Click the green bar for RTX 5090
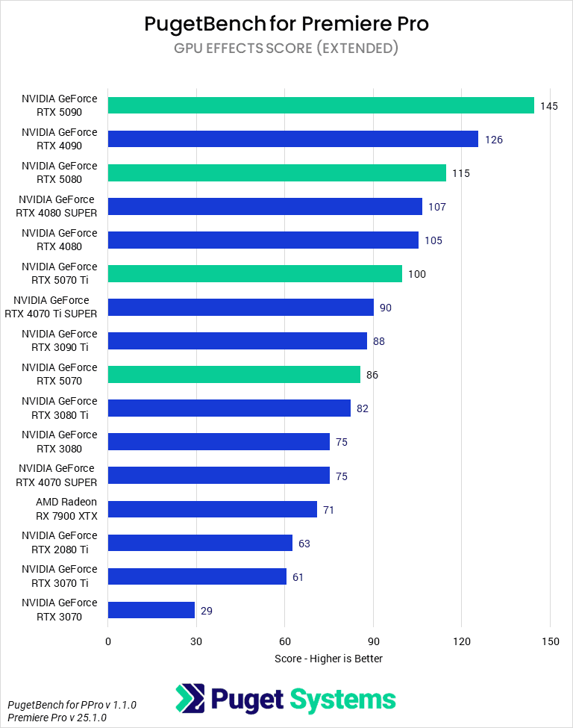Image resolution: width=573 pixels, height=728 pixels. click(321, 105)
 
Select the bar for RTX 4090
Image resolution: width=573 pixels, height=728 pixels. click(293, 139)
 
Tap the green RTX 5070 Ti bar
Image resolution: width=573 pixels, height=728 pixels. click(255, 273)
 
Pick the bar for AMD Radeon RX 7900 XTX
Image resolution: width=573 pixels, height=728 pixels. click(213, 509)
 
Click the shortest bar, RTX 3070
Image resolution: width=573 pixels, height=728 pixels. click(151, 610)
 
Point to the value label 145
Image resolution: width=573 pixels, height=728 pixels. click(549, 106)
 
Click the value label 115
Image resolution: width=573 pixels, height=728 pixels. click(460, 173)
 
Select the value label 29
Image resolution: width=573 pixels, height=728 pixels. click(207, 611)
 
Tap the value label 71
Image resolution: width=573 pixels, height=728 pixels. click(328, 510)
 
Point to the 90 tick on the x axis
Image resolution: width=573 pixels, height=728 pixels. click(373, 641)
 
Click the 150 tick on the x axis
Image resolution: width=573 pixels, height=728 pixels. click(550, 641)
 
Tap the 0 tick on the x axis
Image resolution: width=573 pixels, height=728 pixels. click(108, 641)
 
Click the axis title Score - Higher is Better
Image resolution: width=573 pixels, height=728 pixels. click(328, 658)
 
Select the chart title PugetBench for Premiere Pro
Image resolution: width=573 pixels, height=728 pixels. click(286, 24)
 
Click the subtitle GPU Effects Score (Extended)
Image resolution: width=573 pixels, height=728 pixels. click(286, 49)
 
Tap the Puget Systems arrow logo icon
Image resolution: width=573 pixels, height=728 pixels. click(190, 699)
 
